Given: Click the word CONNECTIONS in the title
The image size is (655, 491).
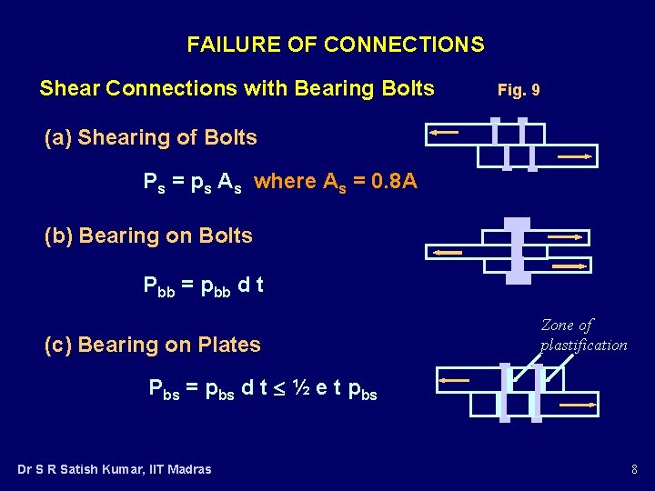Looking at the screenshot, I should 404,45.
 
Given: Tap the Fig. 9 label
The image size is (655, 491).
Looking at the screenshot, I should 519,90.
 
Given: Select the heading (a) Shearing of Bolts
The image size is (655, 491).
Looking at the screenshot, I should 151,138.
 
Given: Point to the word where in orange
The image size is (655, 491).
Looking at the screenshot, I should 285,181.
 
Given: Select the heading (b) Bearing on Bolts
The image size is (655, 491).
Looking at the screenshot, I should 148,235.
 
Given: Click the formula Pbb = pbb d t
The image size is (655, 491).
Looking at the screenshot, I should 204,286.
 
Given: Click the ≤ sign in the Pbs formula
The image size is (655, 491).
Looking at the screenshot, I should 278,390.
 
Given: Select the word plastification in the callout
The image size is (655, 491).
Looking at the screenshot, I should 584,345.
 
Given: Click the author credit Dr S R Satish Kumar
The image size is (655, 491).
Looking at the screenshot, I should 115,469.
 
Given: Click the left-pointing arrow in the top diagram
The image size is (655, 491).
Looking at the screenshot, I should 444,133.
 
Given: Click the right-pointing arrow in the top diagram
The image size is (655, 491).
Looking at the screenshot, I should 575,156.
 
